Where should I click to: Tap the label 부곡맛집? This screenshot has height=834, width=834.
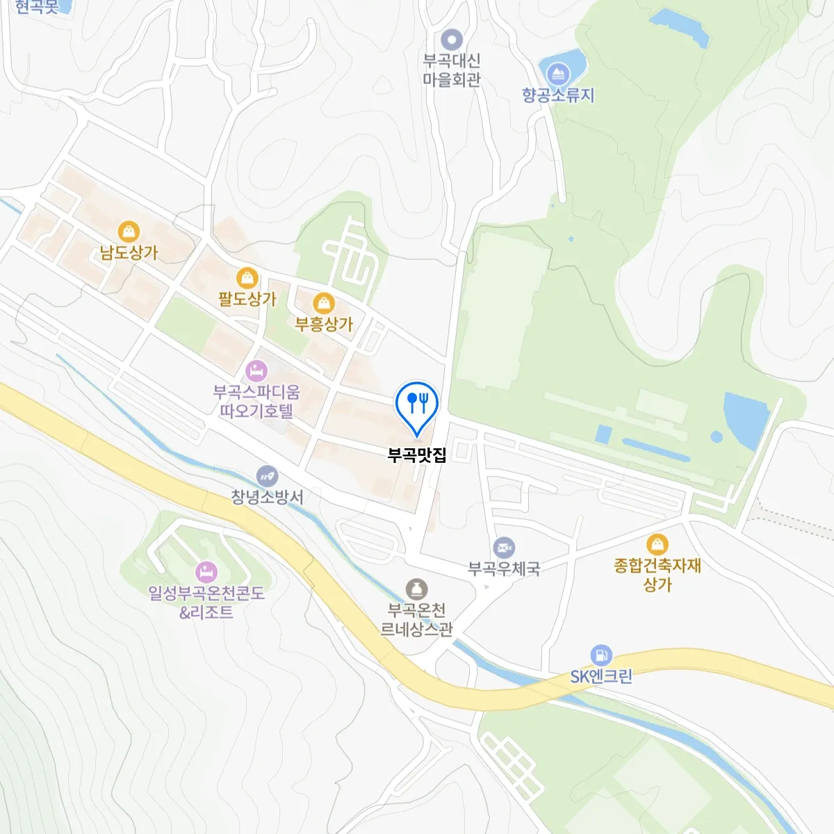pos(417,455)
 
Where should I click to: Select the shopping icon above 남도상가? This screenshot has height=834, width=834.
pos(129,231)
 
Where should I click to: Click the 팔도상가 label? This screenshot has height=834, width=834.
pos(247,300)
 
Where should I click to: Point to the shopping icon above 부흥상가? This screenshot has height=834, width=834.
pos(324,303)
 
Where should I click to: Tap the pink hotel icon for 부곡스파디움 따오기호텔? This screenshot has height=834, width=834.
pos(256,370)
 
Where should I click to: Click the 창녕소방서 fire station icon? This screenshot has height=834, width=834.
pos(267,476)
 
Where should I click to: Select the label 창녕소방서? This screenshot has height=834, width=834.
pos(267,497)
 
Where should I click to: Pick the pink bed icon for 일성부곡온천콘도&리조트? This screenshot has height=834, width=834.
pos(206,573)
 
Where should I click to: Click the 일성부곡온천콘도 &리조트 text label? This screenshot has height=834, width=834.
pos(206,603)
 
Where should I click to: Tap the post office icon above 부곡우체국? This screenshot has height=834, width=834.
pos(504,548)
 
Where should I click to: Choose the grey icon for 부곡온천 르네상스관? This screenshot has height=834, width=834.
pos(416,589)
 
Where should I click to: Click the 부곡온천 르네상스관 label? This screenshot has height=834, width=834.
pos(416,619)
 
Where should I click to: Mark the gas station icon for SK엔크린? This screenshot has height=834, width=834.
pos(600,655)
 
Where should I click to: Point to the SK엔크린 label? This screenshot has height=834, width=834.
pos(601,676)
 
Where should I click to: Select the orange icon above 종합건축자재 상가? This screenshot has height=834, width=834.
pos(657,544)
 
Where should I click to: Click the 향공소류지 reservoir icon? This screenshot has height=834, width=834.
pos(558,73)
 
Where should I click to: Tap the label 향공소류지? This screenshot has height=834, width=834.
pos(558,95)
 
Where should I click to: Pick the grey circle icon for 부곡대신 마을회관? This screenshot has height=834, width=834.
pos(452,39)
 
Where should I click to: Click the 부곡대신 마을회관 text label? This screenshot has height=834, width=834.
pos(452,69)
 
